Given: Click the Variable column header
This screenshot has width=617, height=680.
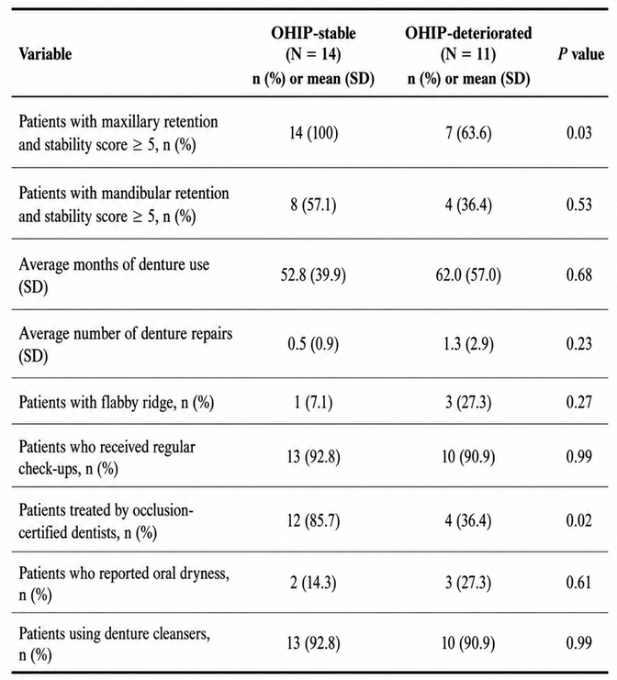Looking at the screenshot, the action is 45,54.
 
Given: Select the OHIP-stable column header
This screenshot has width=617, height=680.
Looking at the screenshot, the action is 313,55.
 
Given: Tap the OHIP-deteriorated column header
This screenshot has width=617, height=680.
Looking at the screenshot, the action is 468,55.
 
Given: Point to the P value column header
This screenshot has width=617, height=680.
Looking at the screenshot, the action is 581,54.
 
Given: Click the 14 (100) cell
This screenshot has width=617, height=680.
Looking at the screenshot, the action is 313,133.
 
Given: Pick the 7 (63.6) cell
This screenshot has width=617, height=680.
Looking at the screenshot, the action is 468,133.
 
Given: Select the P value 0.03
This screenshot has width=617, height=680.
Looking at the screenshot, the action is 579,133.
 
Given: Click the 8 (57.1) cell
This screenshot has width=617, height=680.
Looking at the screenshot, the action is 313,205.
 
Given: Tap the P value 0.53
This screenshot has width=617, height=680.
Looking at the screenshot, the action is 579,205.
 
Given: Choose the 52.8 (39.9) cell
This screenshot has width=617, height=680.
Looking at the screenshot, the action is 313,275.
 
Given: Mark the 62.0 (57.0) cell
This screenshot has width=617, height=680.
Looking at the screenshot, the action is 468,275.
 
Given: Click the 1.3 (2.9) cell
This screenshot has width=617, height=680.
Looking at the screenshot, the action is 468,344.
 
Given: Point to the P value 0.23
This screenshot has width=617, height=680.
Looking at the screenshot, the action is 579,344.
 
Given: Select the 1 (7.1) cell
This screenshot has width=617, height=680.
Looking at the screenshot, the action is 313,403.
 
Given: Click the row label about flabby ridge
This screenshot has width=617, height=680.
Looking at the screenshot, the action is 117,403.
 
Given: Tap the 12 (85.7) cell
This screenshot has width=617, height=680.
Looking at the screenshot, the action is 313,520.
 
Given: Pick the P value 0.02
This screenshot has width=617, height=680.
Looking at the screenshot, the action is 579,520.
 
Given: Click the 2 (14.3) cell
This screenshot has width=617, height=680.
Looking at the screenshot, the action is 313,583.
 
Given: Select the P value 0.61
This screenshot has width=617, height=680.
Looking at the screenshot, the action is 579,583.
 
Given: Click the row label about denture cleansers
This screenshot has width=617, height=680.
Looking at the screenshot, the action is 115,644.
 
